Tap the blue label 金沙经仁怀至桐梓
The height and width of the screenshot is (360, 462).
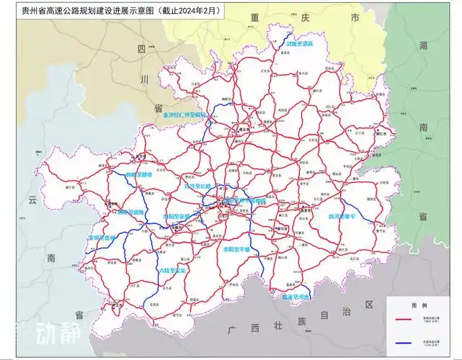coord(185,114)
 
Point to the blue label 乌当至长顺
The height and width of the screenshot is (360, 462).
coord(197,186)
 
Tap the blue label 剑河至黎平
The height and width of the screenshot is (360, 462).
coord(345,215)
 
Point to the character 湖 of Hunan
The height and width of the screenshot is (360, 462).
coord(422,46)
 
